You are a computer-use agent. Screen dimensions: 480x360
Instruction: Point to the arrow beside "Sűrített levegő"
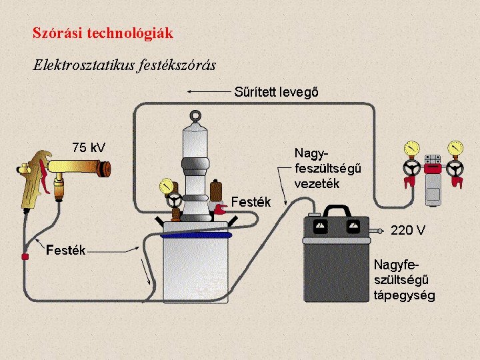pyautogui.click(x=208, y=91)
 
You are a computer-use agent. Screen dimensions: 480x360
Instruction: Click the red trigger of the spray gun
pyautogui.click(x=43, y=174)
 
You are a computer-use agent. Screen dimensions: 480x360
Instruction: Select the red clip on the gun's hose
pyautogui.click(x=25, y=256)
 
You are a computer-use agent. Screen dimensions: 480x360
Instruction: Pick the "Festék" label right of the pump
pyautogui.click(x=251, y=201)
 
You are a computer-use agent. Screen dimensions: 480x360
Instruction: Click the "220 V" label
pyautogui.click(x=408, y=231)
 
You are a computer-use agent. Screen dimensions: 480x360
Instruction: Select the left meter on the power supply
pyautogui.click(x=319, y=228)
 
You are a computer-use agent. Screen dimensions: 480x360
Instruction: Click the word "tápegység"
pyautogui.click(x=404, y=295)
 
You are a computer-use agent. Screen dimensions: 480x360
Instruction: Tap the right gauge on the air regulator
pyautogui.click(x=456, y=147)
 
